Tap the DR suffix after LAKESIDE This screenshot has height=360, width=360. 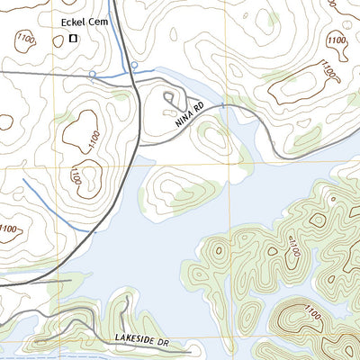pyautogui.click(x=165, y=341)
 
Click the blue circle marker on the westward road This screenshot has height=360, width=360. pyautogui.click(x=93, y=72)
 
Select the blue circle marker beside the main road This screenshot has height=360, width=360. pyautogui.click(x=134, y=65)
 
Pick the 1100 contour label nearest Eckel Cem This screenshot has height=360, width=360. pyautogui.click(x=22, y=37)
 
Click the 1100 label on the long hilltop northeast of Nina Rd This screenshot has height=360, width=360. pyautogui.click(x=324, y=70)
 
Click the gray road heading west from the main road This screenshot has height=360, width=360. pyautogui.click(x=54, y=71)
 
